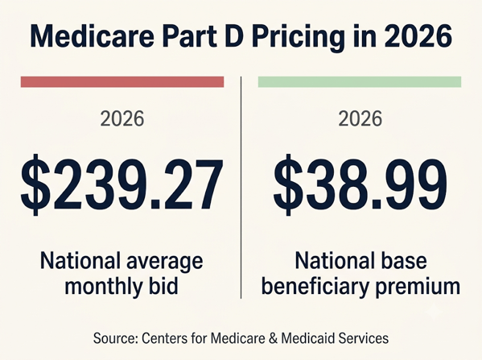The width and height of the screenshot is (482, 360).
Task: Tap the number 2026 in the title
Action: pyautogui.click(x=418, y=36)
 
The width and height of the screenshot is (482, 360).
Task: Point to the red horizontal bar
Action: pyautogui.click(x=122, y=82)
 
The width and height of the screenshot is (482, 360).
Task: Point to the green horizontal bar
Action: pyautogui.click(x=360, y=82)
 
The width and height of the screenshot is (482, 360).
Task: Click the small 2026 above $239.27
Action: pyautogui.click(x=122, y=118)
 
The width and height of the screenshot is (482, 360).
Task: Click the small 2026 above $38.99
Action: pyautogui.click(x=360, y=118)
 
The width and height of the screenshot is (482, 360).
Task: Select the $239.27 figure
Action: pyautogui.click(x=122, y=184)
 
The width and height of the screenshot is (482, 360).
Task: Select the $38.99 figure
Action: pyautogui.click(x=360, y=184)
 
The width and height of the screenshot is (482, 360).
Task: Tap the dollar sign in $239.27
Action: pyautogui.click(x=35, y=184)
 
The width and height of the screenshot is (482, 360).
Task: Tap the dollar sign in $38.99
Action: pyautogui.click(x=288, y=184)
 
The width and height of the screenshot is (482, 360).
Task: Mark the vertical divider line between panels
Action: pyautogui.click(x=241, y=188)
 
